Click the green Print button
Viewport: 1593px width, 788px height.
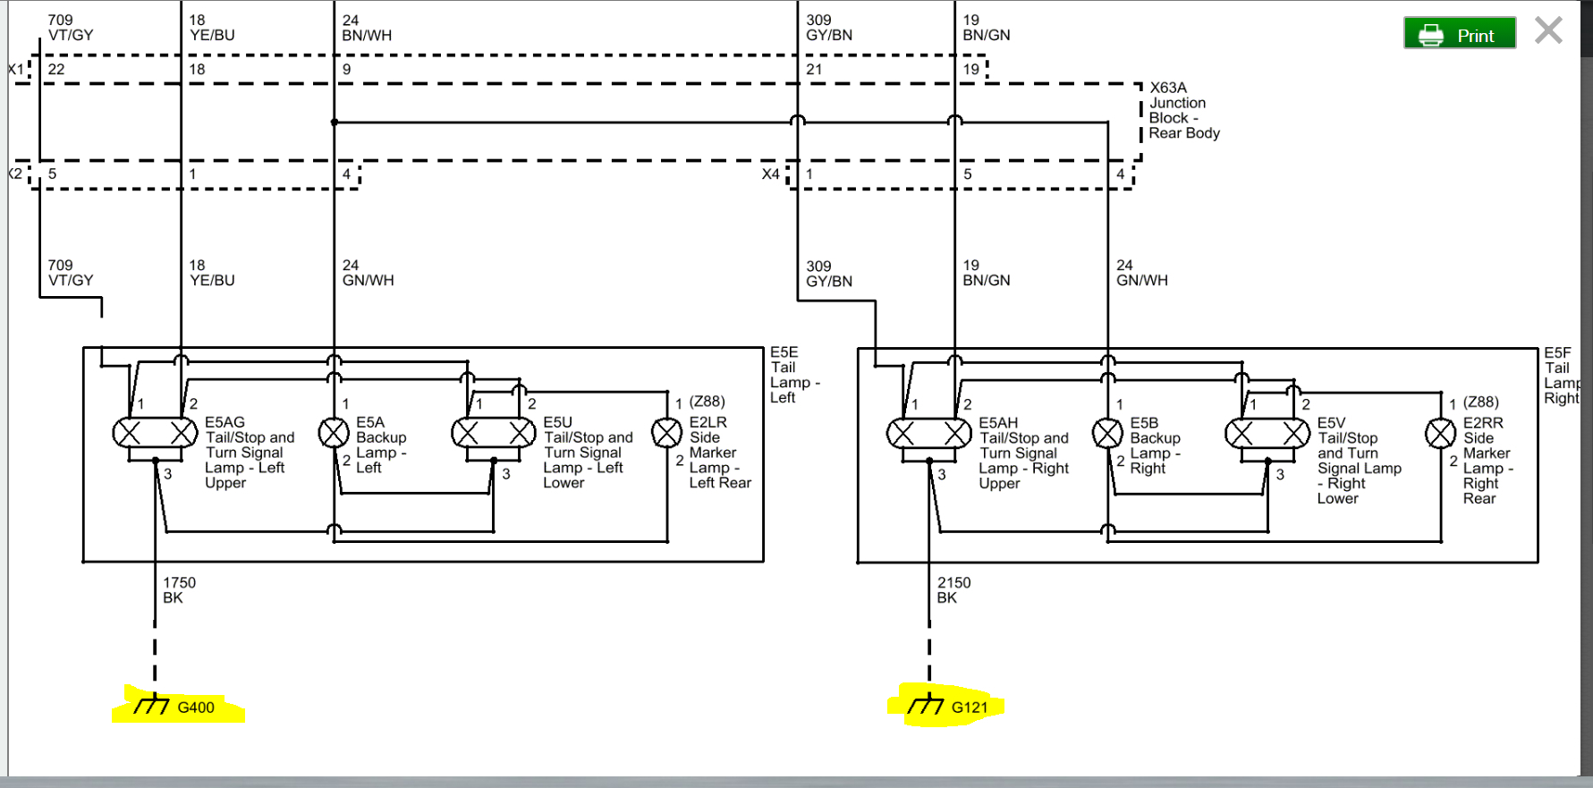click(1459, 34)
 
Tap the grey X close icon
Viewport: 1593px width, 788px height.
click(1548, 30)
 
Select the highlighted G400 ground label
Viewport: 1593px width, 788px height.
click(179, 708)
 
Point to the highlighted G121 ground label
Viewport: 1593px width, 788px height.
click(952, 707)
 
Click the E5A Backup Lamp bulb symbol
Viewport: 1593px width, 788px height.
click(334, 433)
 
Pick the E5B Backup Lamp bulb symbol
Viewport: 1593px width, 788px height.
click(1107, 434)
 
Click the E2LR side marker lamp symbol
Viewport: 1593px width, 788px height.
click(666, 433)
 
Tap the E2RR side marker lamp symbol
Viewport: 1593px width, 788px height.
click(1440, 434)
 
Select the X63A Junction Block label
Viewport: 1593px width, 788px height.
click(1183, 110)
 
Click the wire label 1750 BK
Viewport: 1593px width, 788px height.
click(178, 590)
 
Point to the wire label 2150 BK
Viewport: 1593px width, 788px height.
click(953, 590)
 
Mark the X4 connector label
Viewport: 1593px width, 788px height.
click(770, 174)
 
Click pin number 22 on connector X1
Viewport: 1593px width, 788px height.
click(56, 69)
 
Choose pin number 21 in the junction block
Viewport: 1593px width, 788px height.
click(814, 69)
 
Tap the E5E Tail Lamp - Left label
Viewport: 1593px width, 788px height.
click(792, 375)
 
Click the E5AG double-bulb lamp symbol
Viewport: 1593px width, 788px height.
click(156, 433)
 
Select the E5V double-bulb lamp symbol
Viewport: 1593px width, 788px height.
click(1267, 434)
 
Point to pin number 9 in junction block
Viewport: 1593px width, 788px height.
click(346, 69)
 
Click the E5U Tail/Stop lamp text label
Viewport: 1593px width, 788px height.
click(587, 453)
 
